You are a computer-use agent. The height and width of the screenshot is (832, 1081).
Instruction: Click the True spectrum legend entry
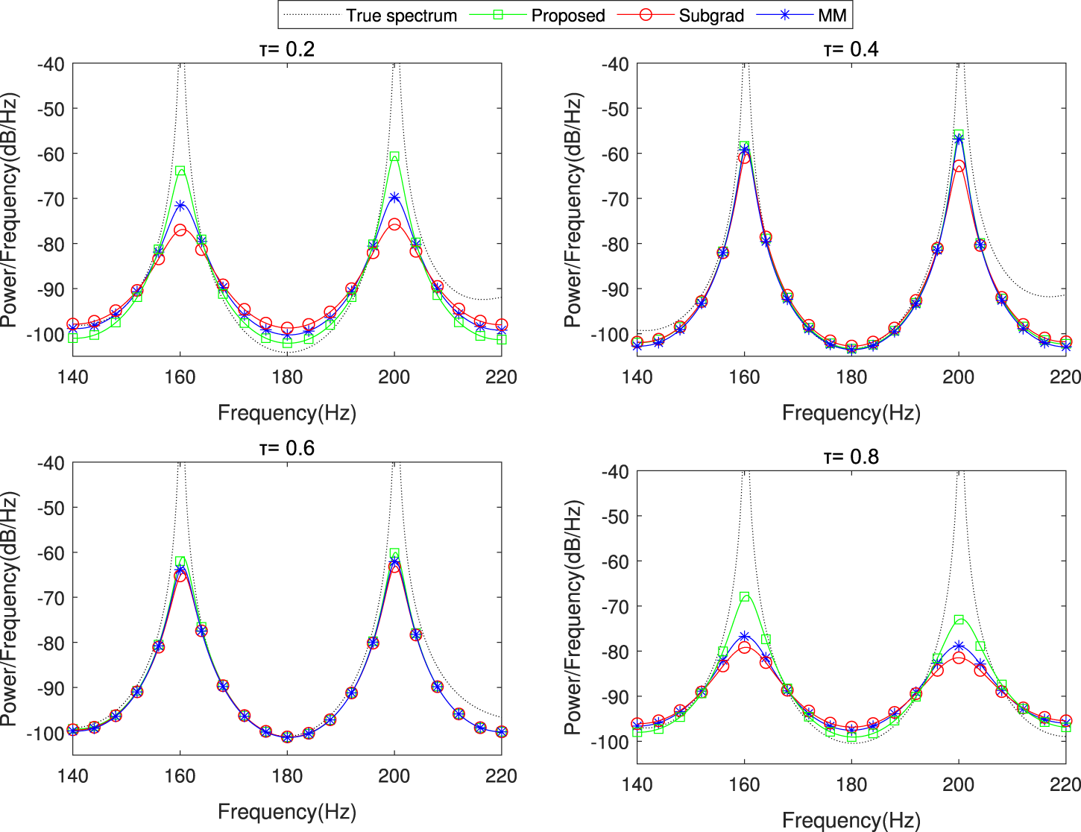pos(401,16)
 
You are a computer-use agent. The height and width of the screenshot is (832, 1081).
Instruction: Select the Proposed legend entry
pos(567,16)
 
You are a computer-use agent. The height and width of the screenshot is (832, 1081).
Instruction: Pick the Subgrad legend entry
pos(710,16)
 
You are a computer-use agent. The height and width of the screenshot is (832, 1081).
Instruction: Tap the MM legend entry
pos(833,16)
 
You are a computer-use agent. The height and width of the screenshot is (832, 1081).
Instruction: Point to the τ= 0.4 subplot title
pos(851,49)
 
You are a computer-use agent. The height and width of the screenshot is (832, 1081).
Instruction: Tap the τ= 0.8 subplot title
pos(851,456)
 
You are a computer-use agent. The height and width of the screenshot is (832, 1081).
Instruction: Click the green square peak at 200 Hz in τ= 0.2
pos(394,157)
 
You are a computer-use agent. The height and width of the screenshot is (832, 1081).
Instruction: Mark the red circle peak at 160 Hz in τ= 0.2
pos(180,230)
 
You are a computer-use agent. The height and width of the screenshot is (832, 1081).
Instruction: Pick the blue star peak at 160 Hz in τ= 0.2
pos(180,205)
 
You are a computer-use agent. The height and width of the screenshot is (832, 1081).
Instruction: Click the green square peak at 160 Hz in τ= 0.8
pos(745,597)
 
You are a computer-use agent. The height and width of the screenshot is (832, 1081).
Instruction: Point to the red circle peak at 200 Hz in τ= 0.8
pos(959,658)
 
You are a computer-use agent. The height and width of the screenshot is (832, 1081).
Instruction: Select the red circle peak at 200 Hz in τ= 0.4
pos(959,166)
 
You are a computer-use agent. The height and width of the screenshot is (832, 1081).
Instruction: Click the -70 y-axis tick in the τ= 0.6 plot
pos(51,598)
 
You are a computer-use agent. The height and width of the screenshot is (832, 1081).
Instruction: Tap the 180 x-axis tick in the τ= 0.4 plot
pos(851,377)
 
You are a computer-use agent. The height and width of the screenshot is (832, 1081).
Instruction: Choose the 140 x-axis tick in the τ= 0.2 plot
pos(73,377)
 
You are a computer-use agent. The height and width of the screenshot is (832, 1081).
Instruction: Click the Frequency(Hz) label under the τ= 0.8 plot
pos(851,821)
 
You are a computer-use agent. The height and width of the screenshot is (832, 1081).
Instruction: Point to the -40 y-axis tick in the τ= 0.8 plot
pos(615,472)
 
